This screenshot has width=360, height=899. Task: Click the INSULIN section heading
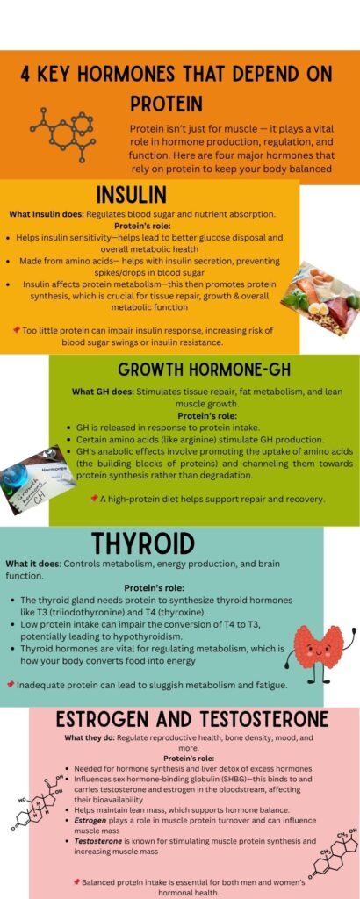coord(132,195)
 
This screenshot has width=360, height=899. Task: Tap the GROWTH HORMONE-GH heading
coord(204,370)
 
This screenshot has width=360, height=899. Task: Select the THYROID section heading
coord(143,543)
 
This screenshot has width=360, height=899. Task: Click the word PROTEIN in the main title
coord(166,104)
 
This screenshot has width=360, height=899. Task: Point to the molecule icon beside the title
coord(63,133)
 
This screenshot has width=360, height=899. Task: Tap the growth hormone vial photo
coord(37,471)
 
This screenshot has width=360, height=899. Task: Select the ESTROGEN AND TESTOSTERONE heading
coord(192,719)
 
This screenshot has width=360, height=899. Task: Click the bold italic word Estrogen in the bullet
coord(89,821)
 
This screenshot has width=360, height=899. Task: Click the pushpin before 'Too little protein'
coord(17,330)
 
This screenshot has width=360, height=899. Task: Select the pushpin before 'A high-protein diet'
coord(94,499)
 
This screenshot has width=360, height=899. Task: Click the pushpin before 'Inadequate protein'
coord(10,685)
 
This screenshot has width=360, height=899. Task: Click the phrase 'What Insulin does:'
coord(47,214)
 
